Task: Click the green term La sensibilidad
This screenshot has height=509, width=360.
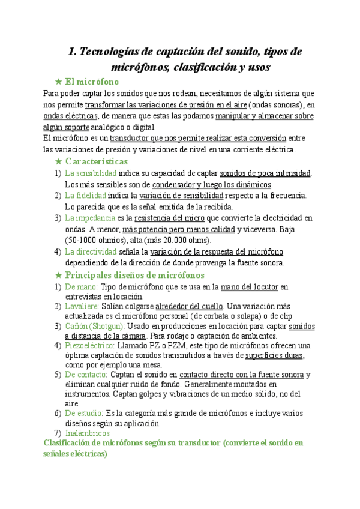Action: [90, 173]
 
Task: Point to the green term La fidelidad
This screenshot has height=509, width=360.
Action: [85, 196]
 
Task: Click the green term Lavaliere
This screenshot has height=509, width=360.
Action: [81, 308]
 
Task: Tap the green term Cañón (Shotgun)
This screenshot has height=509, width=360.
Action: [94, 326]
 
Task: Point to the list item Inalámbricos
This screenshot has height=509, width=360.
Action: [89, 433]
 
